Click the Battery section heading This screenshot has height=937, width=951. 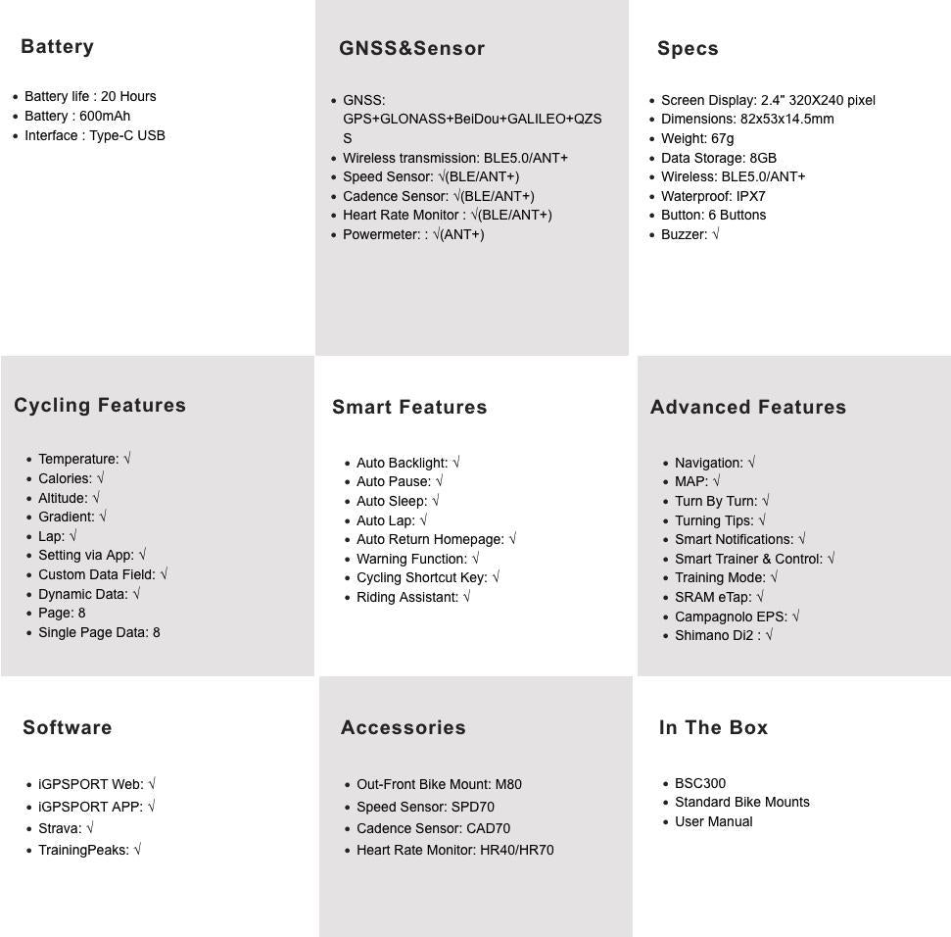click(57, 47)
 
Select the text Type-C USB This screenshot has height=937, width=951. click(127, 135)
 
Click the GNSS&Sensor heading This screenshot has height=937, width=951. click(411, 49)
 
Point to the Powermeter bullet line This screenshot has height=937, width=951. click(412, 234)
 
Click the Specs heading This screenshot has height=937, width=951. click(688, 49)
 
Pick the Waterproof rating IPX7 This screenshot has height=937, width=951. click(751, 196)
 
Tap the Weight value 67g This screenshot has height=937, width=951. click(723, 138)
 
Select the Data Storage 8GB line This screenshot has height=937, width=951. click(718, 158)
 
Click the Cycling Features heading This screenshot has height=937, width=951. click(100, 406)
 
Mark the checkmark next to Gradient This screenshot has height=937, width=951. click(103, 517)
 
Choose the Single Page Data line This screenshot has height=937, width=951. click(99, 632)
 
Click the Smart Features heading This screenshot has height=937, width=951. click(409, 408)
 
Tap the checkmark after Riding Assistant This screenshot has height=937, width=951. click(466, 597)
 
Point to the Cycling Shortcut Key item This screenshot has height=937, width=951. click(421, 577)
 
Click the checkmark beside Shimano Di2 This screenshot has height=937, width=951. click(770, 635)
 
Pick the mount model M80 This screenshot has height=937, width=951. click(508, 784)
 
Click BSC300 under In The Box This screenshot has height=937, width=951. click(700, 783)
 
